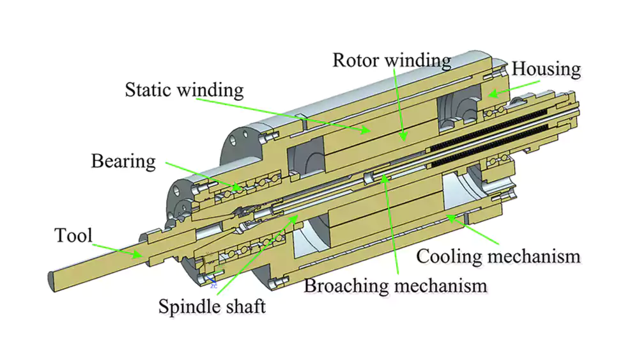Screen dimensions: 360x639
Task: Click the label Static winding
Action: coord(184,89)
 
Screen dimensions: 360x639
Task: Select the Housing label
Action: coord(546,68)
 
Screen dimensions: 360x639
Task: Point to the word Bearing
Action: coord(123,160)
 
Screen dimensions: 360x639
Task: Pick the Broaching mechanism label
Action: coord(395,285)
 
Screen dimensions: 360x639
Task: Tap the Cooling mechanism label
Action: coord(498,256)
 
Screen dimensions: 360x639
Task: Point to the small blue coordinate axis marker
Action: coord(212,280)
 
